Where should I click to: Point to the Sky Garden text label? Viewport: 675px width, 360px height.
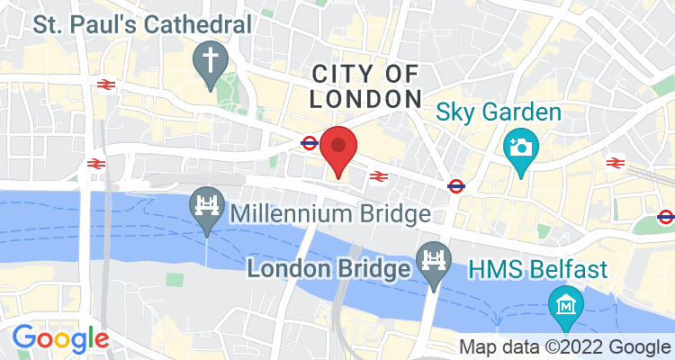click(x=499, y=113)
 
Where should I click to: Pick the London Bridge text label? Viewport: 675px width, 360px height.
click(x=330, y=268)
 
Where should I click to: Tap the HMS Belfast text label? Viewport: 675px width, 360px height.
click(x=537, y=268)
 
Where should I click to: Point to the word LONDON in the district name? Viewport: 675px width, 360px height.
click(x=366, y=98)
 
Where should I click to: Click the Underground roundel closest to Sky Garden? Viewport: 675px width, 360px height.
click(x=456, y=186)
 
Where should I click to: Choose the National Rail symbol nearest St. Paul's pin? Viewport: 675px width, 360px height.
click(x=104, y=84)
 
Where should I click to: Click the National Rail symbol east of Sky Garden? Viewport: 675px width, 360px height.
click(x=616, y=162)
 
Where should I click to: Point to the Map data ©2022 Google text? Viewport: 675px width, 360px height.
click(x=565, y=347)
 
